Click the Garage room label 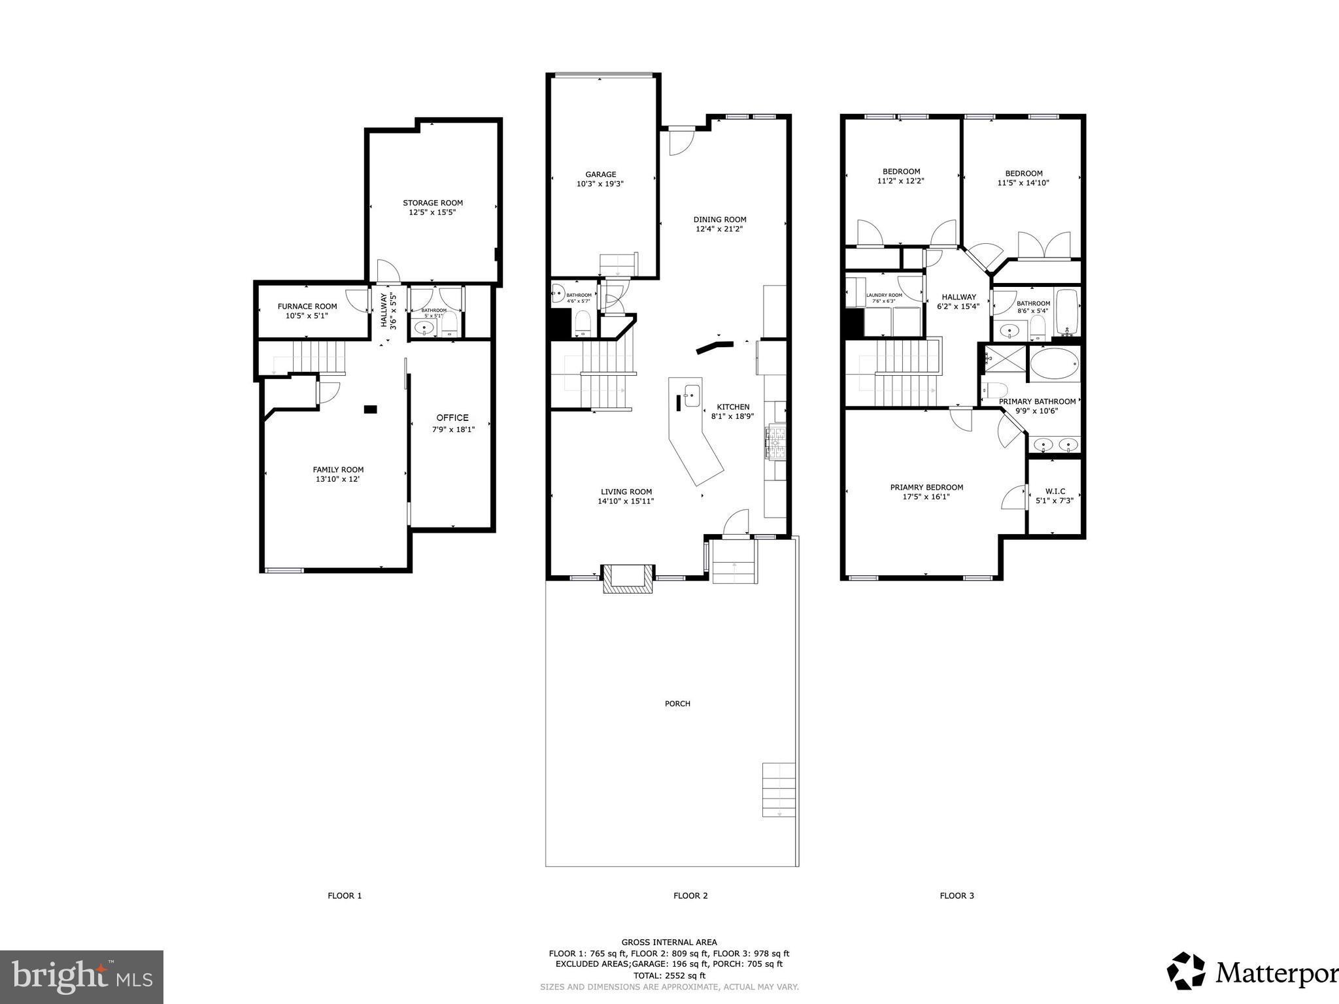coord(600,175)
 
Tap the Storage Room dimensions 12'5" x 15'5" coord(432,212)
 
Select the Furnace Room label coord(307,307)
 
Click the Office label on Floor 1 coord(452,418)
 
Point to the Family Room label coord(338,469)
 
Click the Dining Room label coord(720,220)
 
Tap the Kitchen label coord(733,407)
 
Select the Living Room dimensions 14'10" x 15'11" coord(626,501)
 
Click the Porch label coord(677,703)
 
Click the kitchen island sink coord(692,395)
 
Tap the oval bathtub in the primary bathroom coord(1055,363)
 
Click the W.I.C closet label coord(1055,491)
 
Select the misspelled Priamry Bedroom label coord(926,487)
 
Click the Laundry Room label coord(884,295)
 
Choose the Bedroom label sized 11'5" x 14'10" coord(1024,173)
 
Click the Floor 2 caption coord(690,895)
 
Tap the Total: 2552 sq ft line coord(669,976)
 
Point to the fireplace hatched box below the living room coord(628,579)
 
